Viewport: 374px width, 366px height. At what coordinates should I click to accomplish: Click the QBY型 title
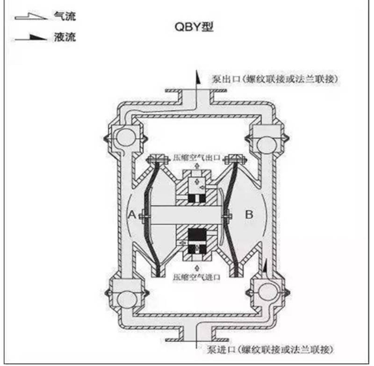click(194, 27)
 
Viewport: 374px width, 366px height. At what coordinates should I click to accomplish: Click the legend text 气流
click(65, 16)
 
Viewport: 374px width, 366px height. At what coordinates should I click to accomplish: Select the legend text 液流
click(65, 37)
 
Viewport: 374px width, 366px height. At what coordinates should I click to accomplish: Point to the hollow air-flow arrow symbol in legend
click(31, 16)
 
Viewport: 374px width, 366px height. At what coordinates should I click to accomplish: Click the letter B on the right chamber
click(249, 215)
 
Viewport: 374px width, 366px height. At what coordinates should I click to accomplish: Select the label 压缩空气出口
click(196, 158)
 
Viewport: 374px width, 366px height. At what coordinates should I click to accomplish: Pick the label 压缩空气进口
click(196, 277)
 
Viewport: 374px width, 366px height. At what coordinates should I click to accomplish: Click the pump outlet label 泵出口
click(226, 79)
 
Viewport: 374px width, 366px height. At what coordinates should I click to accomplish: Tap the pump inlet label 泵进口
click(221, 350)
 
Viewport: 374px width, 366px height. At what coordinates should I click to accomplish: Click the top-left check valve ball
click(125, 137)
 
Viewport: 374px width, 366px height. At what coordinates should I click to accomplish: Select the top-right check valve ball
click(266, 145)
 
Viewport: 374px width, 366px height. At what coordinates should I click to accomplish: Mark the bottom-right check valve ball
click(267, 292)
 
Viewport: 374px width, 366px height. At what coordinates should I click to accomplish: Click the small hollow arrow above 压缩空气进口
click(196, 268)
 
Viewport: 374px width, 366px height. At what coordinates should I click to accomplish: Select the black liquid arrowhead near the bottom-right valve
click(265, 266)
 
